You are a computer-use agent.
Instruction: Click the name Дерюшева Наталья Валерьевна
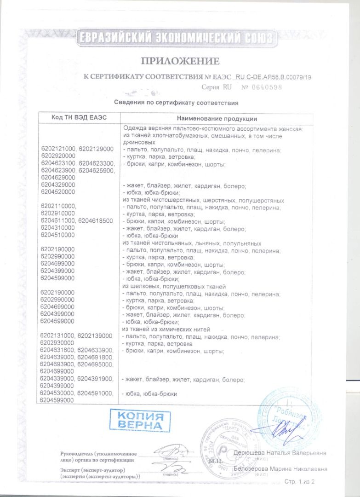click(280, 453)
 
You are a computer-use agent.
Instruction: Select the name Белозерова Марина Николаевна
click(280, 469)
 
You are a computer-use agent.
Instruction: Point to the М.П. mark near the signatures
click(215, 460)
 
